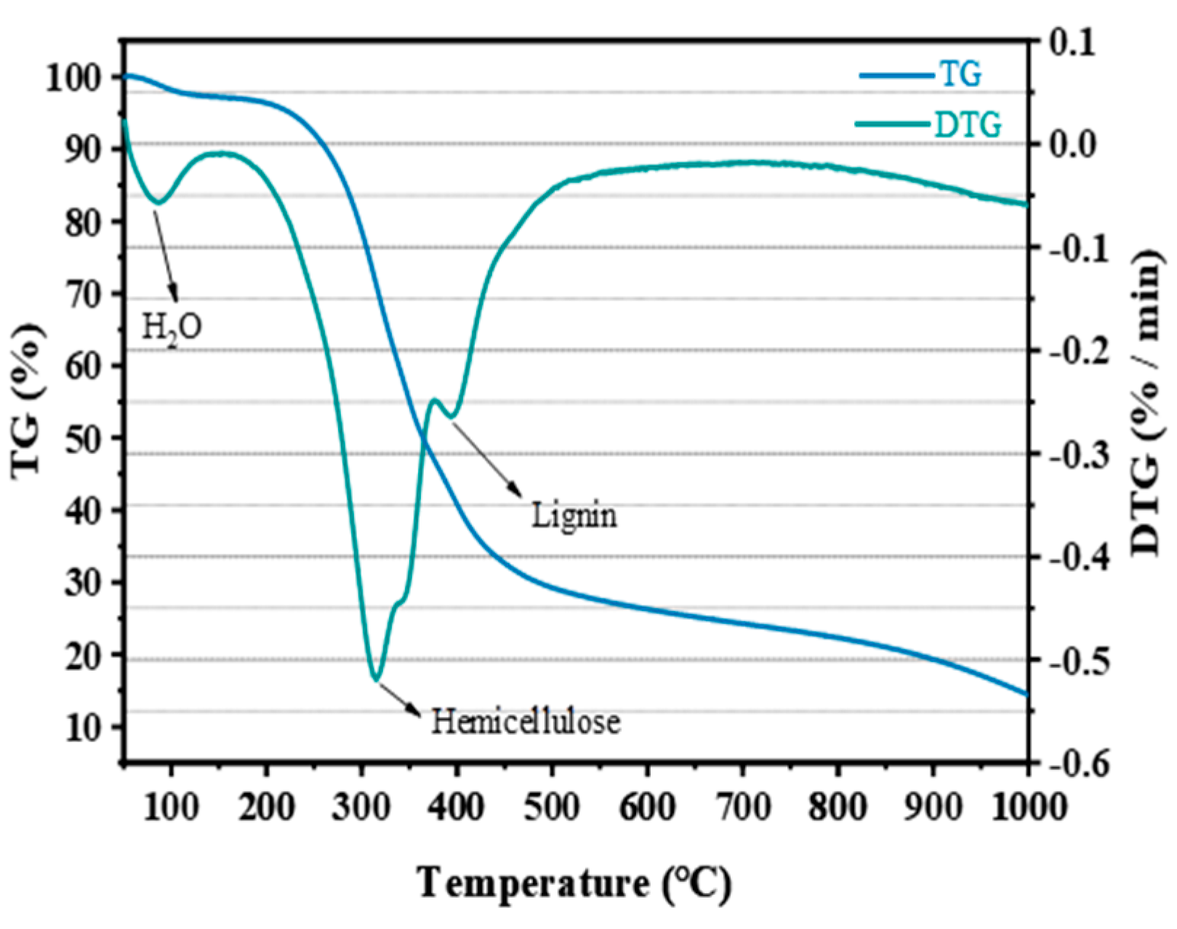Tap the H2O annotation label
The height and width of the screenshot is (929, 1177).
pos(172,327)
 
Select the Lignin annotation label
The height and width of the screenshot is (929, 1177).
pos(574,516)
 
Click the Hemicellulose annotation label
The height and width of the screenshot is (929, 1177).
pos(526,722)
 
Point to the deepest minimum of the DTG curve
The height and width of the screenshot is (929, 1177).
pos(375,679)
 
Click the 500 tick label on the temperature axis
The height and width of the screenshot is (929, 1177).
pos(552,808)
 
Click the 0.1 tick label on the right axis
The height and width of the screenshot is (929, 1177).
pos(1072,42)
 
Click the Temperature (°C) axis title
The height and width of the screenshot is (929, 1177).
pos(574,883)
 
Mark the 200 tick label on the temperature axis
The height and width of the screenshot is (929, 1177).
pos(267,808)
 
